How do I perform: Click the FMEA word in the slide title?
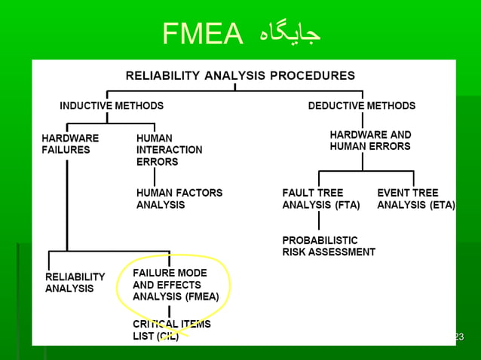click(203, 33)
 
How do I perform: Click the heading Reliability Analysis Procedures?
click(240, 75)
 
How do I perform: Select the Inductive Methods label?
click(112, 106)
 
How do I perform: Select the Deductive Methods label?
click(361, 106)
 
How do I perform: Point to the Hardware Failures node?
click(70, 144)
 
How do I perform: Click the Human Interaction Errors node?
click(169, 149)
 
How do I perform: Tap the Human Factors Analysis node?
click(179, 199)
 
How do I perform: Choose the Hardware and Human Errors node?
click(370, 140)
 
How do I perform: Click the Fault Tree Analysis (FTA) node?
click(320, 199)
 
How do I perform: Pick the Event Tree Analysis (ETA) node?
click(415, 199)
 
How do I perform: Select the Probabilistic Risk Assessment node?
click(328, 246)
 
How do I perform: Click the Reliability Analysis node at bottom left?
click(75, 282)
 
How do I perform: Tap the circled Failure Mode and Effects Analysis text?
click(176, 285)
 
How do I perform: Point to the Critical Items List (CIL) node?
click(171, 330)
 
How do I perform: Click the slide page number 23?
click(458, 336)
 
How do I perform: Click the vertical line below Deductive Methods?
click(363, 121)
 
